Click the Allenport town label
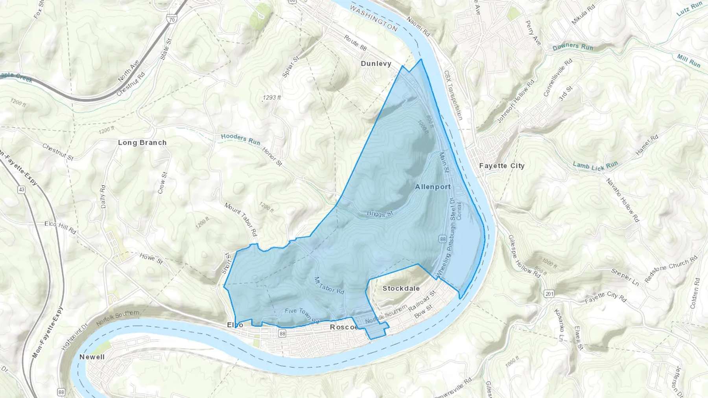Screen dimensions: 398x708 click(433, 187)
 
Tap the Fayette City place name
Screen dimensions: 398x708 click(501, 166)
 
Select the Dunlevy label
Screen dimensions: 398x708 click(376, 64)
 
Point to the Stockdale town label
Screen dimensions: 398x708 click(401, 288)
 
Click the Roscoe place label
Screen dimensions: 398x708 click(343, 327)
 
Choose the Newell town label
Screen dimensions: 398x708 click(92, 357)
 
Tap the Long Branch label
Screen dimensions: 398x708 click(142, 143)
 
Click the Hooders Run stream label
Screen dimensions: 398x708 click(240, 139)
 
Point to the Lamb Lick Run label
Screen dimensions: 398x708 click(595, 166)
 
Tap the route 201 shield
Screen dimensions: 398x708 click(549, 294)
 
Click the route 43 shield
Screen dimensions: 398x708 click(21, 190)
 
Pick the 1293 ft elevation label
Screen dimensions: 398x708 click(272, 97)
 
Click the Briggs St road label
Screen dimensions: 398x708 click(380, 214)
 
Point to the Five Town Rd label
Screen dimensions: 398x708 click(302, 315)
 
